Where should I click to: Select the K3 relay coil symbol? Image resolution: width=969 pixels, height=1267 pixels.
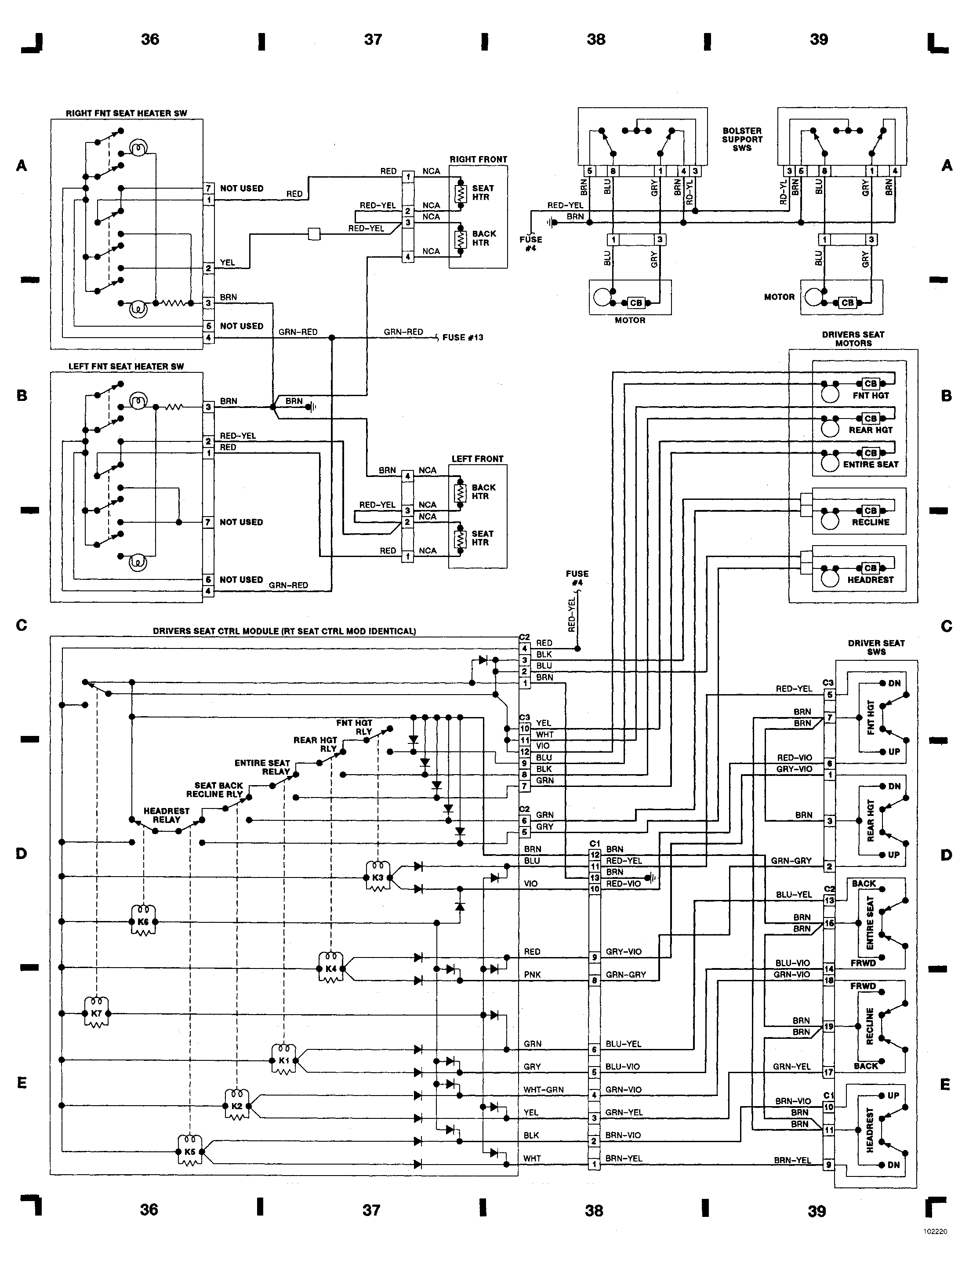[378, 877]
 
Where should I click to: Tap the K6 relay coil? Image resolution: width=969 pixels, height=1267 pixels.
[143, 921]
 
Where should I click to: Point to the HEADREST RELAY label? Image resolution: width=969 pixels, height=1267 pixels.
[166, 815]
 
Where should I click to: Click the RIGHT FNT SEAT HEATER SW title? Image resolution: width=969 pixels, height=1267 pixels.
[126, 113]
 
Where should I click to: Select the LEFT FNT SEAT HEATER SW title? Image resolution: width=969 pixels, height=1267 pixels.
[126, 366]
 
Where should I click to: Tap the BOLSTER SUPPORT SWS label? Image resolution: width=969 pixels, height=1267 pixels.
[742, 139]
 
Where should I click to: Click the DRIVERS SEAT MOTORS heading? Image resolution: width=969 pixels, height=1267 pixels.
[853, 339]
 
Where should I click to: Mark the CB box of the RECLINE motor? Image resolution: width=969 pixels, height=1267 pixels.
[871, 510]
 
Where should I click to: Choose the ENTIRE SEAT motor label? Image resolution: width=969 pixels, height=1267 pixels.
[871, 464]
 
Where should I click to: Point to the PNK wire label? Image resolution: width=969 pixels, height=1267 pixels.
[532, 975]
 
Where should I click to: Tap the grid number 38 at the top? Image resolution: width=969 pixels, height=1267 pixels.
[596, 39]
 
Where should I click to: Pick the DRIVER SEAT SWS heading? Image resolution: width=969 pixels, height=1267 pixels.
[876, 647]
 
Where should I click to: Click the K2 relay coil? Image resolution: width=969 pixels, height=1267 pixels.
[236, 1106]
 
